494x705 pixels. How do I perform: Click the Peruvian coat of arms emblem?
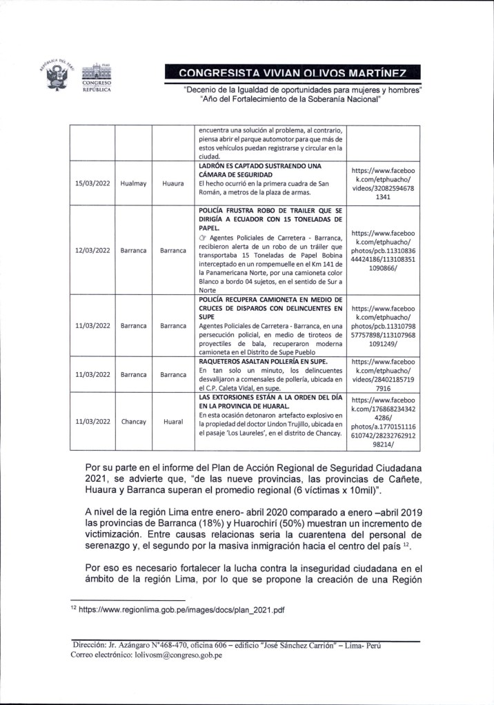(x=56, y=76)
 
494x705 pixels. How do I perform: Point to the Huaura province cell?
(x=173, y=184)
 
